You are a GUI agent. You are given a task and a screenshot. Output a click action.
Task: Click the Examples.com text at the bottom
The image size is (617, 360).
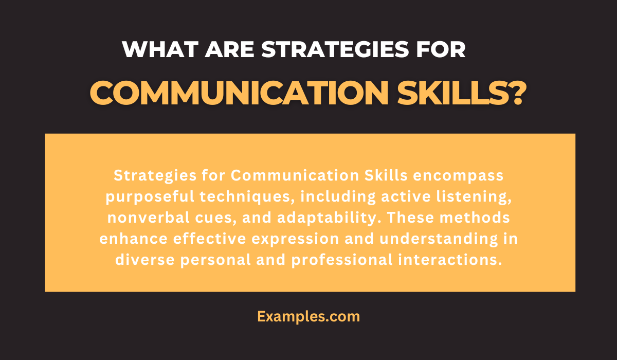click(x=308, y=316)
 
